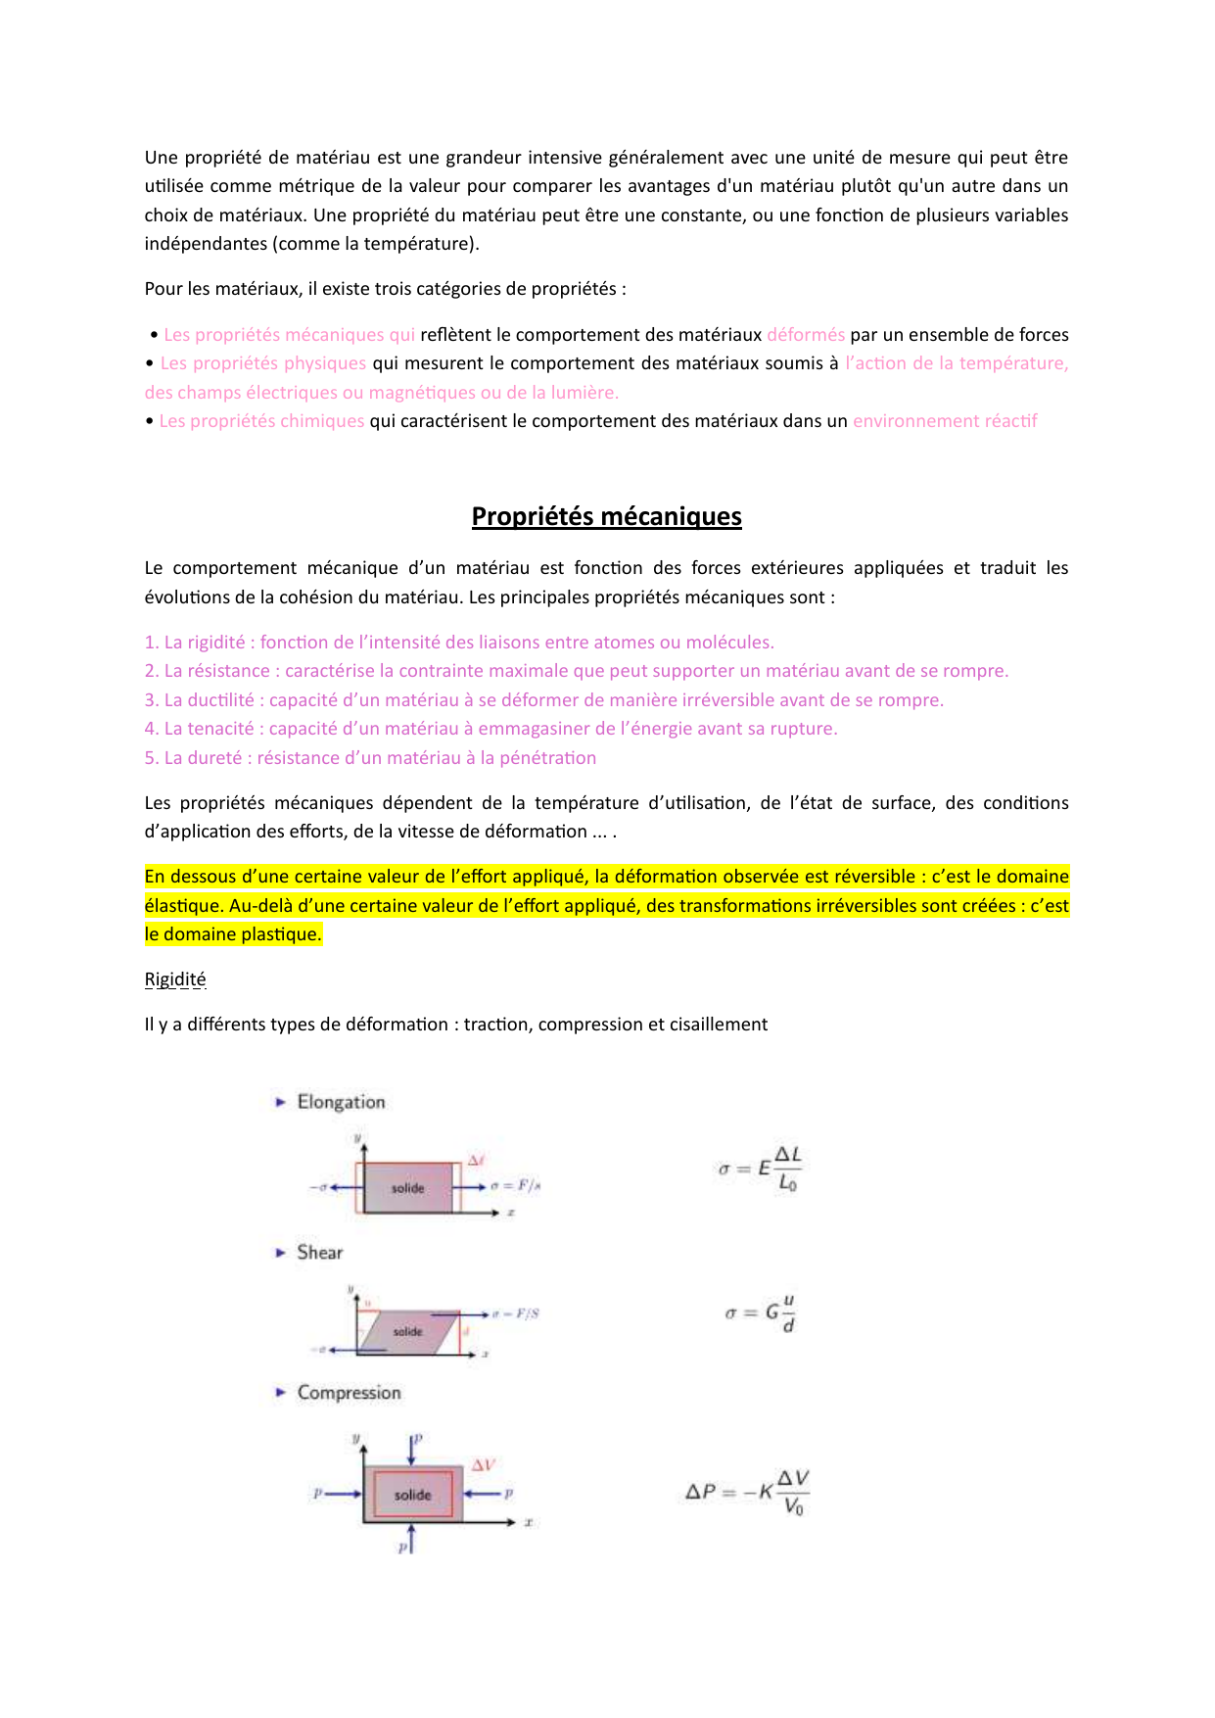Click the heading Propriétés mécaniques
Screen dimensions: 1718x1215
point(606,516)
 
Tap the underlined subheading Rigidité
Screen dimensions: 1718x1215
point(175,979)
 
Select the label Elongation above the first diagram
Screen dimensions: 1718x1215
point(341,1102)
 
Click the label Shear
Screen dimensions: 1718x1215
point(319,1252)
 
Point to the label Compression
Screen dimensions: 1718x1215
point(349,1393)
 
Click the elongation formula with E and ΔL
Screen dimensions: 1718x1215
point(760,1169)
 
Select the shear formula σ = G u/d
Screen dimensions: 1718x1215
point(761,1312)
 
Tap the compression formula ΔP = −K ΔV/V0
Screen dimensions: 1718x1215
point(747,1492)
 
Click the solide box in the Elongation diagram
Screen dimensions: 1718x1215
point(408,1188)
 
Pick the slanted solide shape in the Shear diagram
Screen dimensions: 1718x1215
point(408,1332)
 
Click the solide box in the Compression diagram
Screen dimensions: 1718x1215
point(412,1495)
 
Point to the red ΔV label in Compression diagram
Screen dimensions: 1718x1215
point(484,1465)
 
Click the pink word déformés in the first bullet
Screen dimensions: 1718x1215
point(806,335)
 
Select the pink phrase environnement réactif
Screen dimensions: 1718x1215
point(945,421)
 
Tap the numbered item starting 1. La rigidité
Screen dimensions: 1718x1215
point(459,643)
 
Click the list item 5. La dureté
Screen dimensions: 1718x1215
point(370,758)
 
